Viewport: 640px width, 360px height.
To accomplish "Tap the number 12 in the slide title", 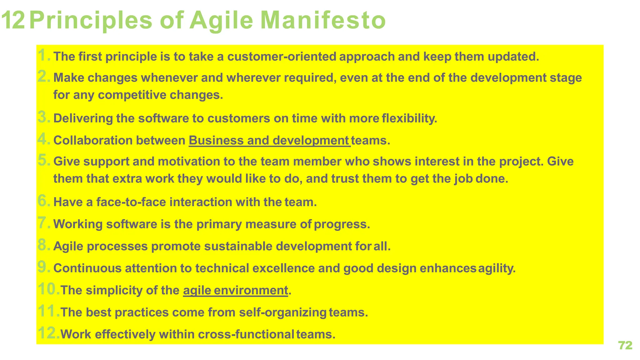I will coord(13,20).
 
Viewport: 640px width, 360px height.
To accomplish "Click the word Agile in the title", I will coord(221,21).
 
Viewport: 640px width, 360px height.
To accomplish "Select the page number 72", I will coord(625,345).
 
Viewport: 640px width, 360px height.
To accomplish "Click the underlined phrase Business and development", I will coord(269,141).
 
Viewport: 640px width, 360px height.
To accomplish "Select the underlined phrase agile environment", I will coord(235,291).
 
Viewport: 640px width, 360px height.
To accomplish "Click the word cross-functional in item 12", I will coord(246,334).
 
